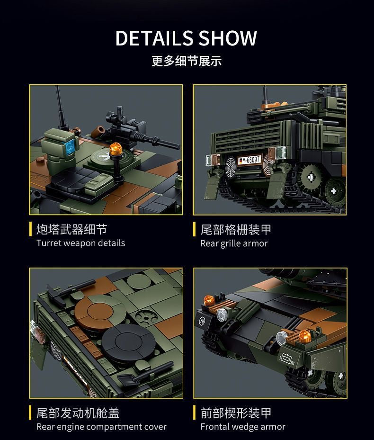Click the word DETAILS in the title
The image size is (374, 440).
[153, 38]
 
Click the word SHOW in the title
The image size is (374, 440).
[228, 38]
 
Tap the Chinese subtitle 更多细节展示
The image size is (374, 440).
[187, 61]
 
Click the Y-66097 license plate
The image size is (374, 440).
[249, 160]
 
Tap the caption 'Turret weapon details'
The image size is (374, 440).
[80, 243]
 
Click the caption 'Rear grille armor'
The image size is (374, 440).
[234, 243]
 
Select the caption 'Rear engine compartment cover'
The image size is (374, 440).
[101, 427]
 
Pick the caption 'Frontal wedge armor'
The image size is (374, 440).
[243, 427]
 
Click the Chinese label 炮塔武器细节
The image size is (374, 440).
[71, 230]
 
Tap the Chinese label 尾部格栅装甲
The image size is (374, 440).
[236, 230]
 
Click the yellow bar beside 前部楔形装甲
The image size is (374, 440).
[195, 413]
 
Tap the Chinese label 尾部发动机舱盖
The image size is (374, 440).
[78, 413]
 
